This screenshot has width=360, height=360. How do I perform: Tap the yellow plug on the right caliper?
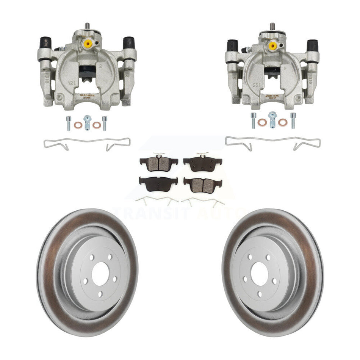(x=272, y=45)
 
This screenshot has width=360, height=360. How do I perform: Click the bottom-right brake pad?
(x=203, y=184)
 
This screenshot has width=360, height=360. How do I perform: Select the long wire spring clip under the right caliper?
(x=272, y=142)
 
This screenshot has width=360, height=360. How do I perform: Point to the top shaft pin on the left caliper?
(x=87, y=26)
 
